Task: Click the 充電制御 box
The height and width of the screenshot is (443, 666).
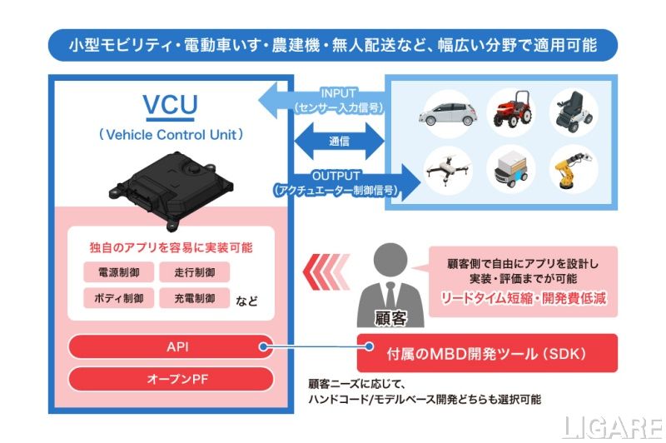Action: pyautogui.click(x=194, y=297)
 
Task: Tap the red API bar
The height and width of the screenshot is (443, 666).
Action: pyautogui.click(x=171, y=346)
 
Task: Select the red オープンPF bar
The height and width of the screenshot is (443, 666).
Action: pyautogui.click(x=171, y=379)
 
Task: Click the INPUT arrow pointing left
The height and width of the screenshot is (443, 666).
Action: pyautogui.click(x=316, y=101)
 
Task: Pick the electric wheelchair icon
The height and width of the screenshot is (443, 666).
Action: pyautogui.click(x=574, y=111)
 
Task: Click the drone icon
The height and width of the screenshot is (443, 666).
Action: pyautogui.click(x=450, y=170)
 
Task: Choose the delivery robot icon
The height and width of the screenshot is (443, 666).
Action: pyautogui.click(x=513, y=171)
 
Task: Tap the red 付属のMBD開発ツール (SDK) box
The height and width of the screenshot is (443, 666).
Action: pyautogui.click(x=487, y=353)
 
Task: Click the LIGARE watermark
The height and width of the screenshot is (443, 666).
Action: pyautogui.click(x=609, y=426)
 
